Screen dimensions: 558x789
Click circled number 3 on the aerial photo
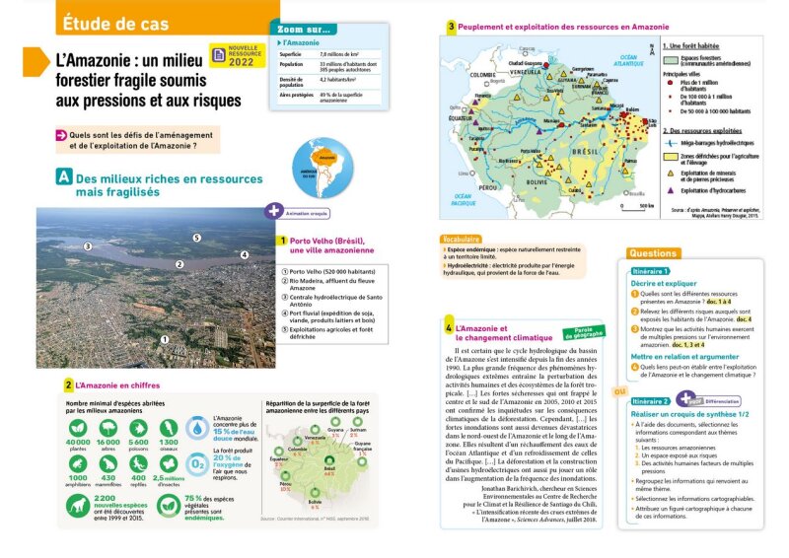pyautogui.click(x=88, y=245)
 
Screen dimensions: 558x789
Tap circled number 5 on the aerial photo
pyautogui.click(x=196, y=238)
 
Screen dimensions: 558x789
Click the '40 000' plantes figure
pyautogui.click(x=78, y=442)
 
